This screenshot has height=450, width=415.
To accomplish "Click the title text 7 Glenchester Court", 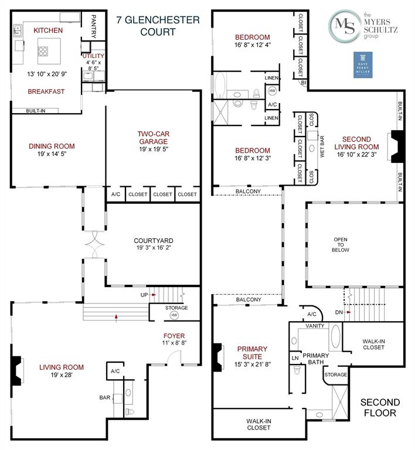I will point(158,26).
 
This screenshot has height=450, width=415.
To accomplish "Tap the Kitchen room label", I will point(48,30).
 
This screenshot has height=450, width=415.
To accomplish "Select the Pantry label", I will point(93,26).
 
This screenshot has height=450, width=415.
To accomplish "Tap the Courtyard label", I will point(153,240).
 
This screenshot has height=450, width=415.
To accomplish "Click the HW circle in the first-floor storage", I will point(174,315).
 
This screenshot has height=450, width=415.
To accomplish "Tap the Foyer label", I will point(174,336).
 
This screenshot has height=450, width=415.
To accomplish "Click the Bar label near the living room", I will point(105,397).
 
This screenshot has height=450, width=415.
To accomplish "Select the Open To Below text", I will point(341,244).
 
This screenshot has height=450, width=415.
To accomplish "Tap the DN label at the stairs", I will point(338,312).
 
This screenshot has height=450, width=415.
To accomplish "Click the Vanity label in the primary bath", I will point(315,326).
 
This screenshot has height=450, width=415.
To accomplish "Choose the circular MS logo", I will point(345,25).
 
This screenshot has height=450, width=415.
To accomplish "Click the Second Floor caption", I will point(380,407).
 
